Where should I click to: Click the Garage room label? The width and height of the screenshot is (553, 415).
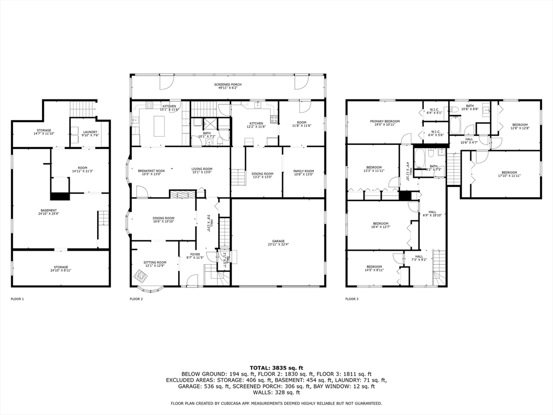click(278, 243)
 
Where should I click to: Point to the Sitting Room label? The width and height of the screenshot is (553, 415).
click(154, 264)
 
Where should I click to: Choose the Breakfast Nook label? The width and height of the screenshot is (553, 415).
click(149, 171)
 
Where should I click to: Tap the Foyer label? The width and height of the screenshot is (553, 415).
click(194, 256)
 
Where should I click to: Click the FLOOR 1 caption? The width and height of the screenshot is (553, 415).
click(17, 299)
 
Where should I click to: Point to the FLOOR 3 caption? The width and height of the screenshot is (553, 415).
click(352, 299)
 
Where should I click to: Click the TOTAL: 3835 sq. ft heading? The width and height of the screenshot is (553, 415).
click(276, 367)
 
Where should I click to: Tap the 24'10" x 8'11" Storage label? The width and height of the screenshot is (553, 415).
click(60, 268)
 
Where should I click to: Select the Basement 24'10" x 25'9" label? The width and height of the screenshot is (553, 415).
click(48, 212)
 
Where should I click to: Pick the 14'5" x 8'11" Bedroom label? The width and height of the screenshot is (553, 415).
click(374, 268)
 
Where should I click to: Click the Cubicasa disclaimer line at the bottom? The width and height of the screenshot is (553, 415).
click(276, 403)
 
